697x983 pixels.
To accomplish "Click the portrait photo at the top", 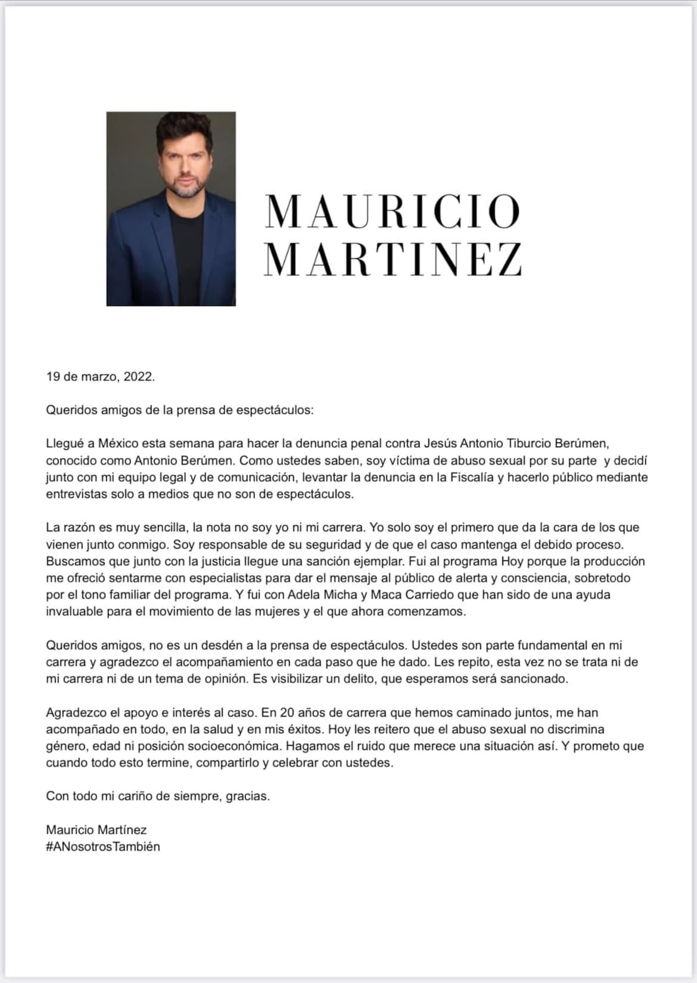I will (x=171, y=208).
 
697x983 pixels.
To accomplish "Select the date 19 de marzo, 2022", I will (x=100, y=376).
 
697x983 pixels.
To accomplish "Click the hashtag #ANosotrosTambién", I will (x=103, y=846).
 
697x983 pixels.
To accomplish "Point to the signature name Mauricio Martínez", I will (x=96, y=830).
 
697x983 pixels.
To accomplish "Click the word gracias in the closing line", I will (x=247, y=796).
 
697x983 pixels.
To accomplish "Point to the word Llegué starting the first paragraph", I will (x=64, y=444).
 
